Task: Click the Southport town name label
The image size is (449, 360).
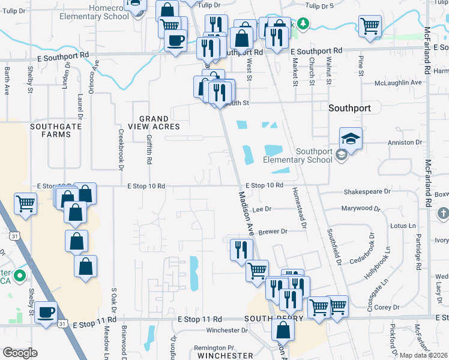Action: click(x=354, y=109)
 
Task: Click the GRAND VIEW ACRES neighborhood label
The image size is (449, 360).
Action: click(x=151, y=123)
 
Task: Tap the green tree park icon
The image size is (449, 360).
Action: click(x=304, y=23)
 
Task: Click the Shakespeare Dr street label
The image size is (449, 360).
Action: click(x=367, y=192)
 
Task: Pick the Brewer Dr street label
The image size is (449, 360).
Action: click(x=274, y=231)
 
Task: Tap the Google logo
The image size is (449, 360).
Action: click(x=20, y=352)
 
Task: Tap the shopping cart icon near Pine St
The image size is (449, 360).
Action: click(x=369, y=25)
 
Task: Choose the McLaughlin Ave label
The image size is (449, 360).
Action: click(x=398, y=83)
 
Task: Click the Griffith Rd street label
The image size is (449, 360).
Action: click(x=149, y=150)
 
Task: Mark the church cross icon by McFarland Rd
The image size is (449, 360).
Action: click(x=442, y=213)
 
